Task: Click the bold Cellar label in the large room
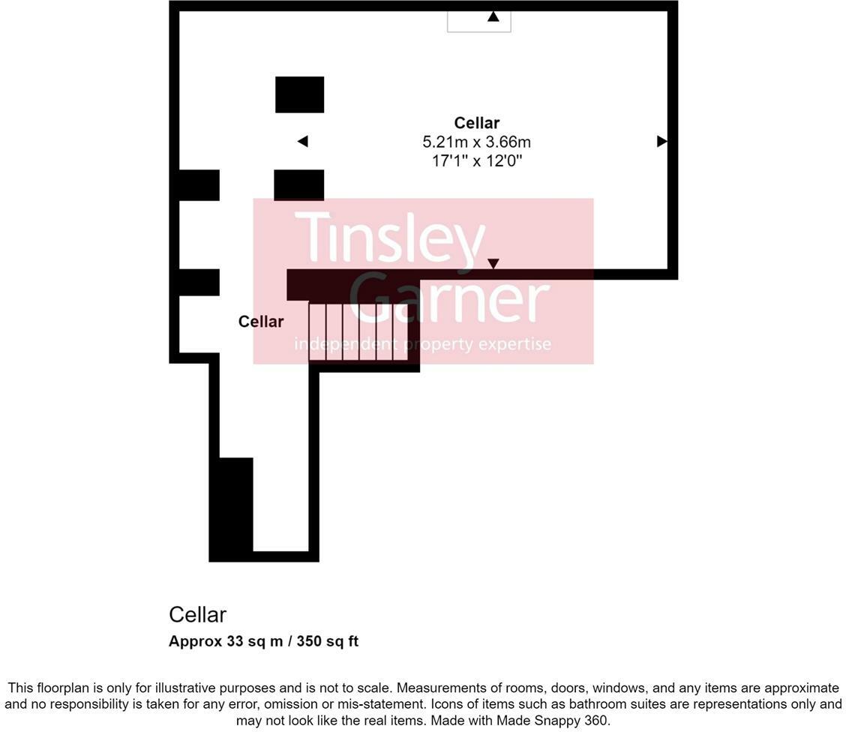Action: pyautogui.click(x=476, y=123)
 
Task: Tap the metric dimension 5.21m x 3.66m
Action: pyautogui.click(x=476, y=142)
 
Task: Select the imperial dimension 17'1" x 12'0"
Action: pyautogui.click(x=476, y=160)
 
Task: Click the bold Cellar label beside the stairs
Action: pyautogui.click(x=261, y=322)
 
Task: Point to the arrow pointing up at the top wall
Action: pyautogui.click(x=493, y=16)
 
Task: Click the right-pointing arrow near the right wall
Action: pyautogui.click(x=661, y=141)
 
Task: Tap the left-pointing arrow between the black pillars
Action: pyautogui.click(x=303, y=141)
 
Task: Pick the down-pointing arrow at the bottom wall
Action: pyautogui.click(x=493, y=263)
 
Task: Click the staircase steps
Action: pyautogui.click(x=358, y=331)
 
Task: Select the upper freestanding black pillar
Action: pyautogui.click(x=299, y=94)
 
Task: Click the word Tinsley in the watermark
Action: pyautogui.click(x=390, y=236)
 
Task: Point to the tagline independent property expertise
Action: pyautogui.click(x=422, y=344)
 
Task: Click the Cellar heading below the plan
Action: pyautogui.click(x=197, y=615)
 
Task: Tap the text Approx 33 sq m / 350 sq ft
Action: pyautogui.click(x=263, y=641)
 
